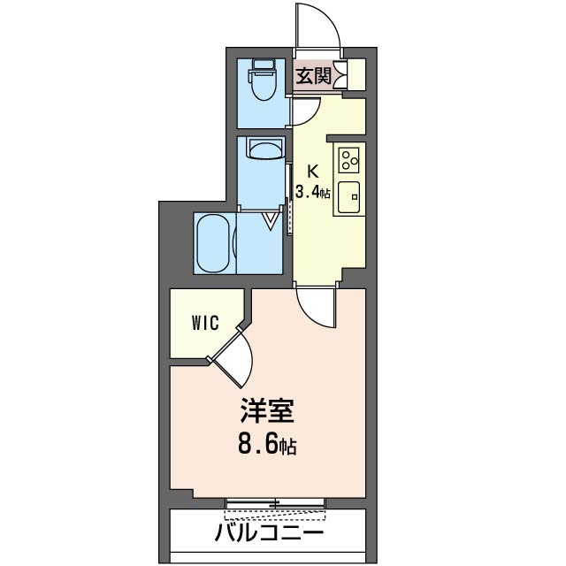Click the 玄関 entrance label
(x=313, y=76)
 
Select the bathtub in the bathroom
(x=213, y=241)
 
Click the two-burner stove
(x=348, y=161)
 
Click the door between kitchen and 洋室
(x=316, y=306)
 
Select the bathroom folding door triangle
(x=272, y=218)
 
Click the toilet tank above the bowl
(x=263, y=65)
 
